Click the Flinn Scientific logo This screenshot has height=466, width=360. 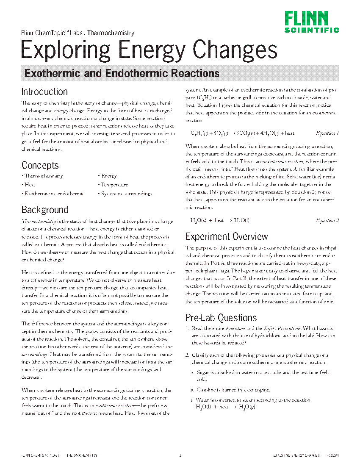click(312, 22)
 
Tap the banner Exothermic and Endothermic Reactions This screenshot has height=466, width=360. click(122, 73)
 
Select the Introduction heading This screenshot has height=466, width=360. click(44, 92)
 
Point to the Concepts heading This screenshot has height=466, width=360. click(40, 165)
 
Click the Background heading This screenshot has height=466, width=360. click(44, 210)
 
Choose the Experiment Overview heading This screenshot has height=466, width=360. click(227, 236)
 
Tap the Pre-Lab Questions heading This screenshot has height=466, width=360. click(221, 318)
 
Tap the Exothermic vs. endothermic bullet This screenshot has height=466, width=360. click(54, 194)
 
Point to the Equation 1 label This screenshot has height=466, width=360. click(327, 133)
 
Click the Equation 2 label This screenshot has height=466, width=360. click(327, 220)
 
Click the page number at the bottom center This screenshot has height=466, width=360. click(180, 456)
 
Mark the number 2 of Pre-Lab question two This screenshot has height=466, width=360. click(187, 355)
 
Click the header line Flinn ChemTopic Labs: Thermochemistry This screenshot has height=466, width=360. click(78, 33)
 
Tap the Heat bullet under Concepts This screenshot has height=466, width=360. click(29, 185)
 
